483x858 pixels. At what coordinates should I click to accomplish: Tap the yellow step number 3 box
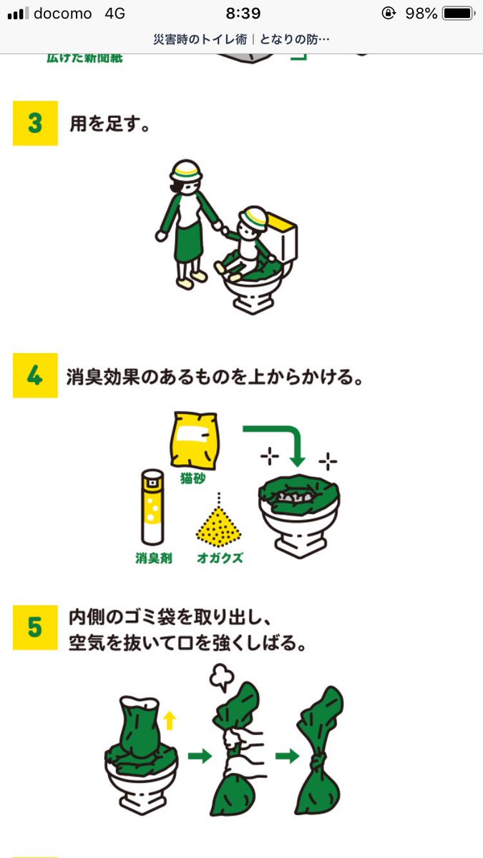tap(35, 123)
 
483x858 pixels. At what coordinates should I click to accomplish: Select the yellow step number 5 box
tap(35, 627)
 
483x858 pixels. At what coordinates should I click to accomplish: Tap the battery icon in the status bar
tap(457, 14)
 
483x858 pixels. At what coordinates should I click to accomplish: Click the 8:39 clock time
tap(243, 14)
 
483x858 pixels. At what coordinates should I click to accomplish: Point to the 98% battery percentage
tap(421, 14)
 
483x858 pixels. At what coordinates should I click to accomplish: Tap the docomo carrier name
tap(63, 14)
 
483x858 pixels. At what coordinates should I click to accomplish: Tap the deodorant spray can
tap(152, 508)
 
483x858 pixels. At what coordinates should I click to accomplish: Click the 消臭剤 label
tap(152, 558)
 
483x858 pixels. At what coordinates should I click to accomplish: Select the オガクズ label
tap(220, 558)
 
